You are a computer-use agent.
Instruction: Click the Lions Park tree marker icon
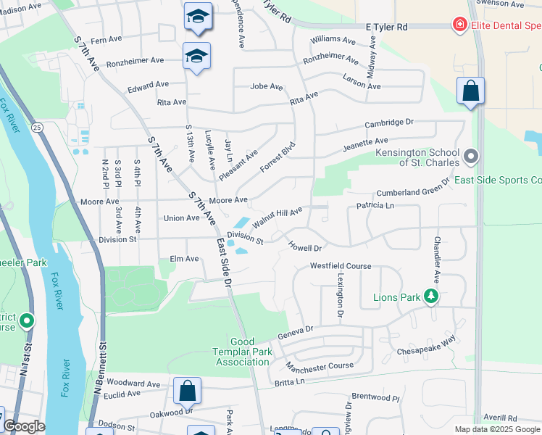431,296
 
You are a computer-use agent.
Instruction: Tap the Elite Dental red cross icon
459,26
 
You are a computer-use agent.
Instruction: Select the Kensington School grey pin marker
472,157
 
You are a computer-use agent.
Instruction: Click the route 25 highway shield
37,127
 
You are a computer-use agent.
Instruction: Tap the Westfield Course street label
341,266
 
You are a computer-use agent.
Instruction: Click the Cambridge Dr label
388,123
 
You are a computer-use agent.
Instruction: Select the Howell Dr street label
304,247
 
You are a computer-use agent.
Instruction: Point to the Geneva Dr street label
295,333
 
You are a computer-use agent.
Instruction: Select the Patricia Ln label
375,206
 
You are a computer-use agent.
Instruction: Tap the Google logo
24,426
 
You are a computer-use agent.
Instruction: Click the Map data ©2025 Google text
497,429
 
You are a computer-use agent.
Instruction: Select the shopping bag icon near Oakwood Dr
187,391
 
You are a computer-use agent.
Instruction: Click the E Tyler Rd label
387,27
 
